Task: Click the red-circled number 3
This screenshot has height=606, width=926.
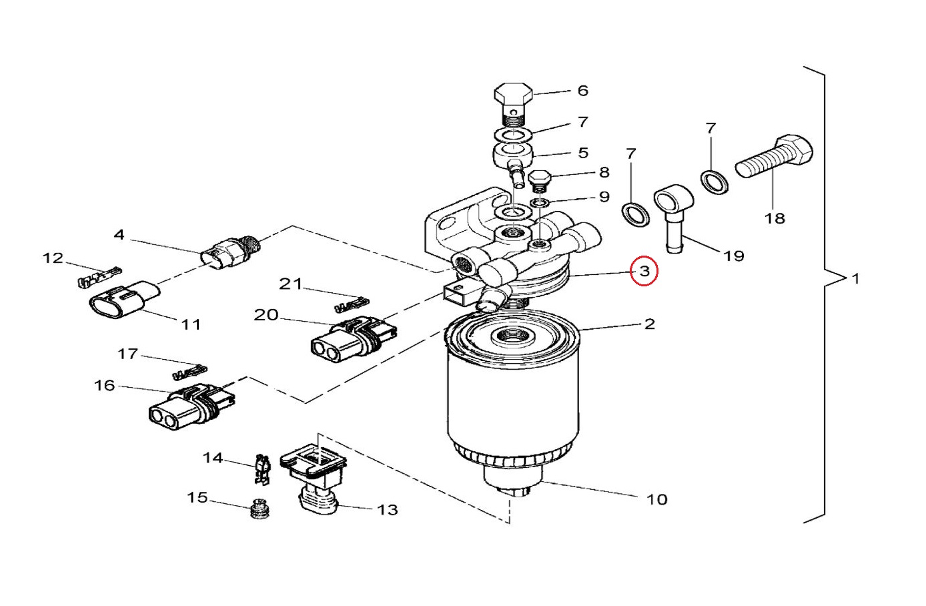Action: coord(644,271)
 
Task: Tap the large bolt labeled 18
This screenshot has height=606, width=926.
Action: coord(775,157)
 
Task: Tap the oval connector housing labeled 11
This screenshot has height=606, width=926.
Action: coord(125,300)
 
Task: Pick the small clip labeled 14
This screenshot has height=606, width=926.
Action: coord(262,469)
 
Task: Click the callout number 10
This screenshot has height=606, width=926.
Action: coord(657,500)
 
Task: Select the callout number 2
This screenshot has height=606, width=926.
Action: coord(649,324)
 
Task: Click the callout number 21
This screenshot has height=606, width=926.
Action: coord(291,284)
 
